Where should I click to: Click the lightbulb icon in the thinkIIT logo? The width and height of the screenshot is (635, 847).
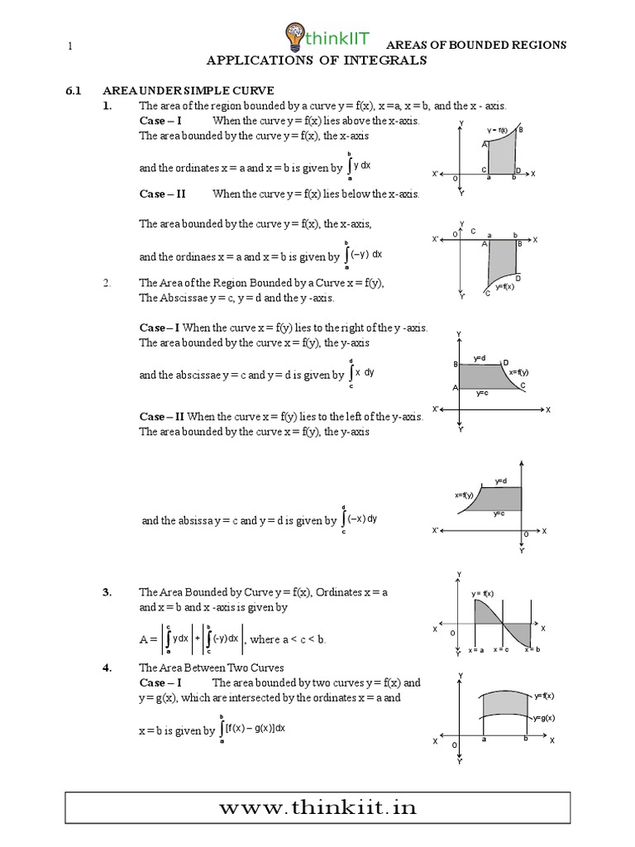coord(294,35)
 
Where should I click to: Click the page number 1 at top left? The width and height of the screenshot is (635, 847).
coord(72,46)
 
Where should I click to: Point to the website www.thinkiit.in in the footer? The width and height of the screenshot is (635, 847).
coord(317,808)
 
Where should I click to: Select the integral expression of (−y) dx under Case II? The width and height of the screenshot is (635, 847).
coord(363,255)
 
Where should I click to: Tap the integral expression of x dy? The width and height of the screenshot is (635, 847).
coord(361,373)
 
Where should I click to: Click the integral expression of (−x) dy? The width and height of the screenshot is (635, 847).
coord(360,519)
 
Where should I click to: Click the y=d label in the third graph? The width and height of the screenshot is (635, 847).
coord(480,358)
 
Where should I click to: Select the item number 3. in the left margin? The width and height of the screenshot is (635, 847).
coord(107,592)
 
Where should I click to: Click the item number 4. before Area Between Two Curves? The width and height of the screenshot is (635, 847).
coord(107,668)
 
